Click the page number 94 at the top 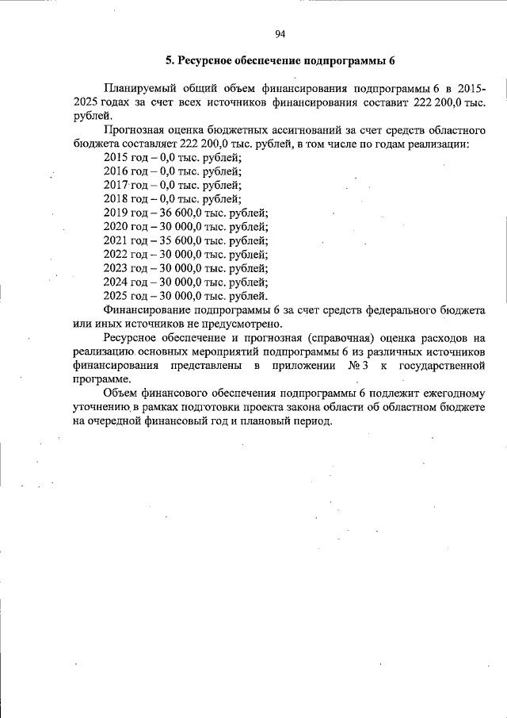pyautogui.click(x=280, y=33)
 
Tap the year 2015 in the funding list pyautogui.click(x=115, y=158)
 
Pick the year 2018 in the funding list pyautogui.click(x=115, y=199)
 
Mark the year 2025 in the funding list pyautogui.click(x=115, y=295)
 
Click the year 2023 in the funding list pyautogui.click(x=115, y=267)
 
